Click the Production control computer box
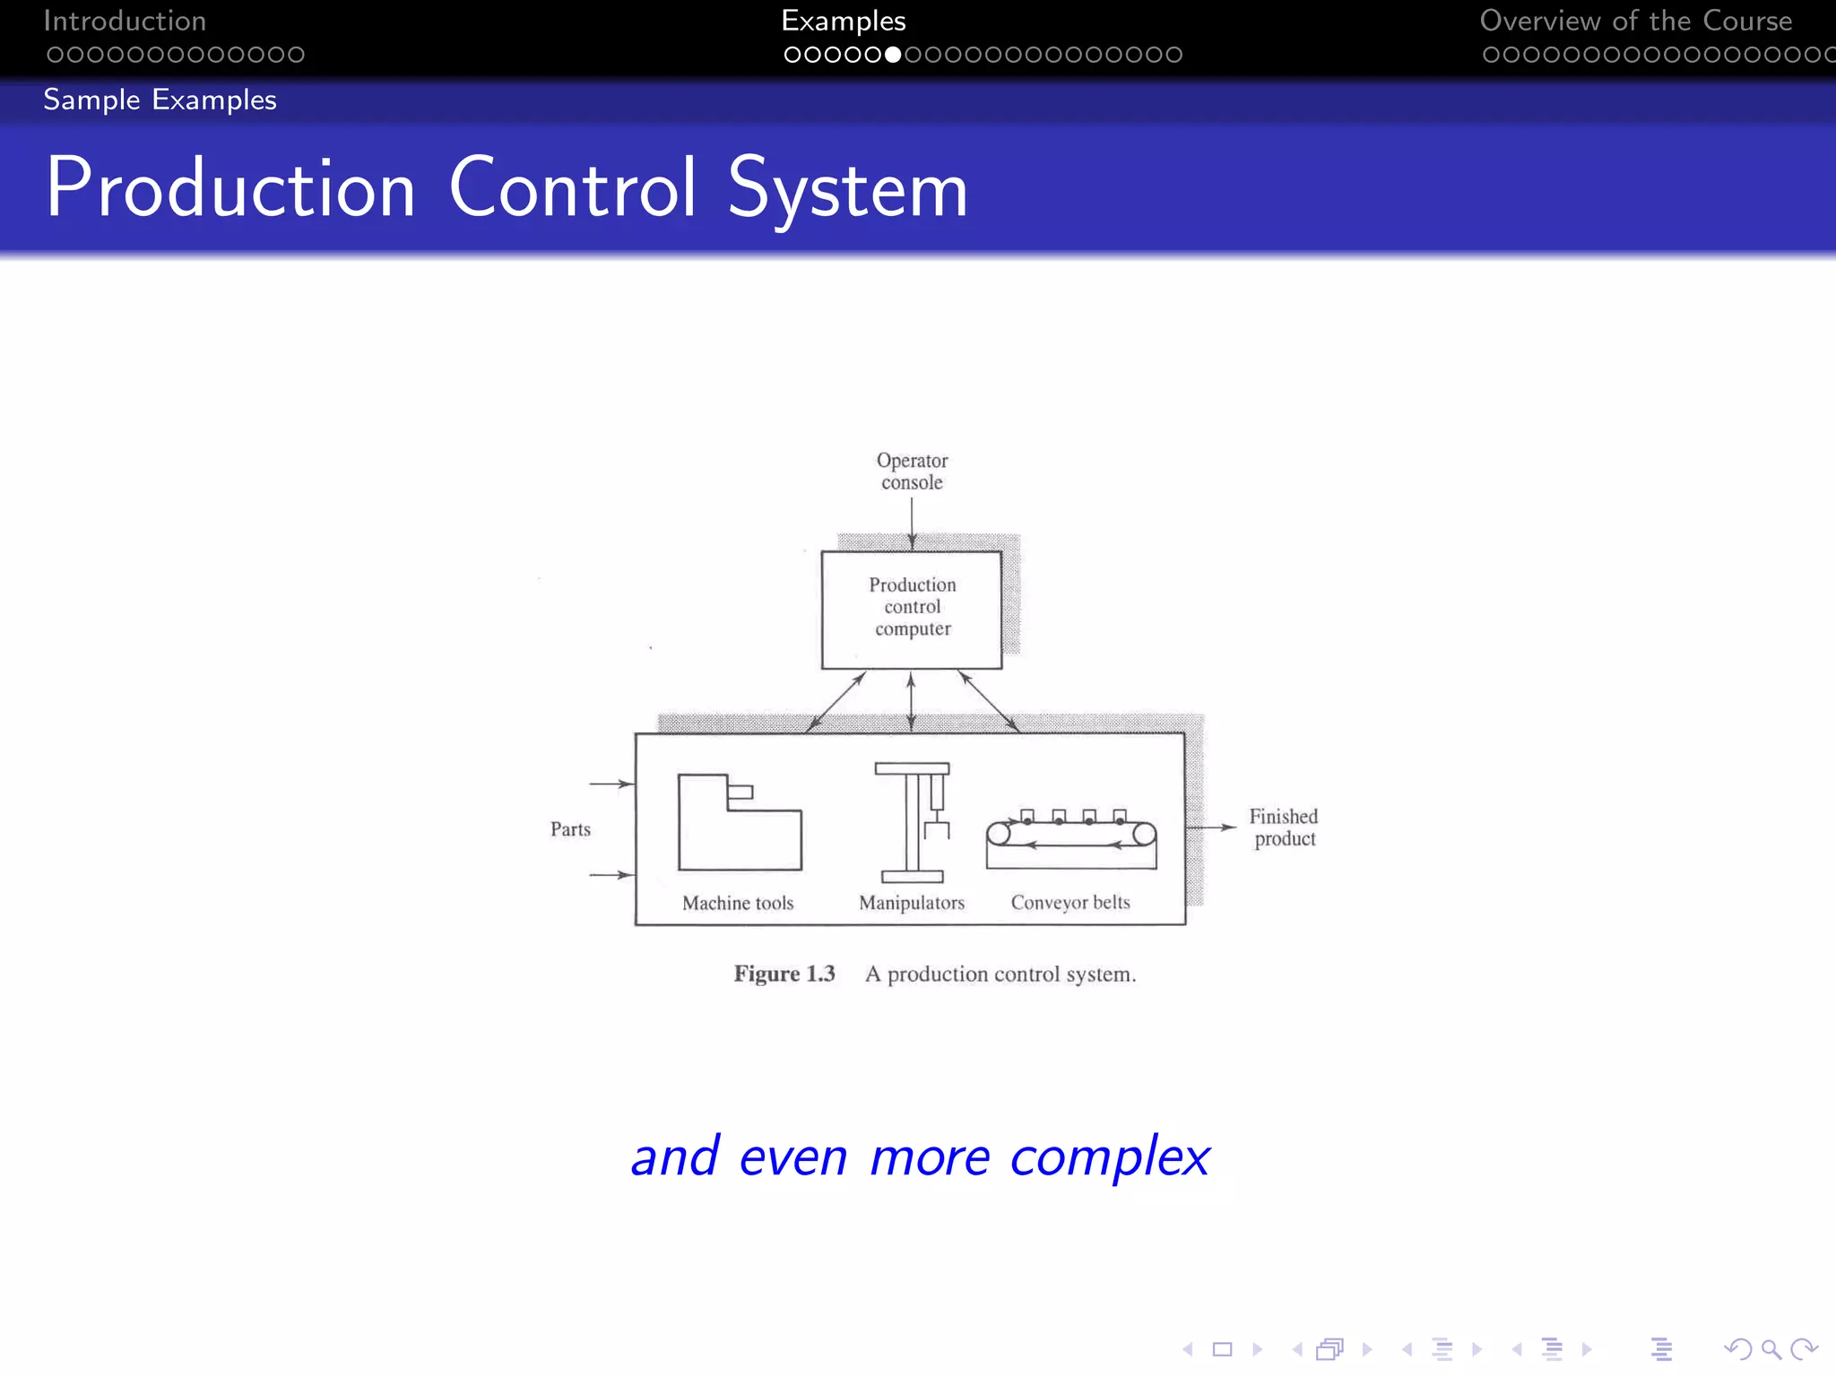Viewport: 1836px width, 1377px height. click(x=911, y=609)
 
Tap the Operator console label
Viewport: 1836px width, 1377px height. click(x=912, y=472)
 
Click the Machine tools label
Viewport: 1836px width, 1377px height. click(x=738, y=903)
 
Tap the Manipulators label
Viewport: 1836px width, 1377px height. click(x=912, y=903)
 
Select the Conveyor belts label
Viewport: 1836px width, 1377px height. click(x=1070, y=903)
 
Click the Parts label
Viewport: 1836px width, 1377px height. click(x=570, y=829)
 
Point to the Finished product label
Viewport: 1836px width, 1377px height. click(x=1284, y=827)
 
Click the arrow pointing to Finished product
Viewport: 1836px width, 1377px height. click(x=1212, y=827)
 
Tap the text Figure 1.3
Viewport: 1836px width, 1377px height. click(x=784, y=974)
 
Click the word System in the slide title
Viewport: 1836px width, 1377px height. click(x=847, y=189)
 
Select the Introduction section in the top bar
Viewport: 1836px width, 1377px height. click(x=125, y=21)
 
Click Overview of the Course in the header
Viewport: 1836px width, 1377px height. click(x=1635, y=21)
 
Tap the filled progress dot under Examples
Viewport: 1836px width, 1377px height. click(x=893, y=55)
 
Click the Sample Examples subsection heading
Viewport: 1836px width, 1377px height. click(x=160, y=100)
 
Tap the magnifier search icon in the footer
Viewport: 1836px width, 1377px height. click(x=1771, y=1349)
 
